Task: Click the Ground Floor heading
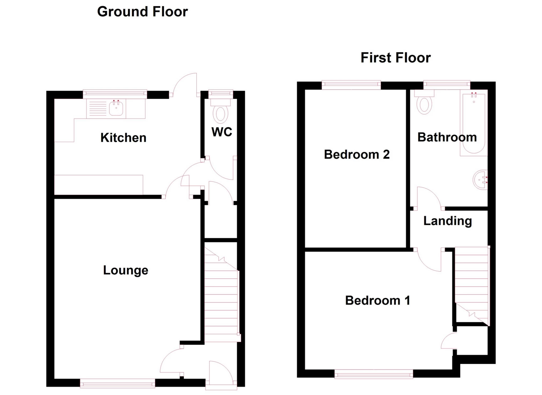(142, 12)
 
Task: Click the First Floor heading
(396, 58)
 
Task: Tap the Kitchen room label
(123, 138)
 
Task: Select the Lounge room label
(126, 270)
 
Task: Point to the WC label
(222, 132)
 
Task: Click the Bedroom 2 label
(357, 154)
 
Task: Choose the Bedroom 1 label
(377, 300)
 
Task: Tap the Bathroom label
(447, 137)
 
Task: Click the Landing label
(448, 221)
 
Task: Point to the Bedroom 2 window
(351, 85)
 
